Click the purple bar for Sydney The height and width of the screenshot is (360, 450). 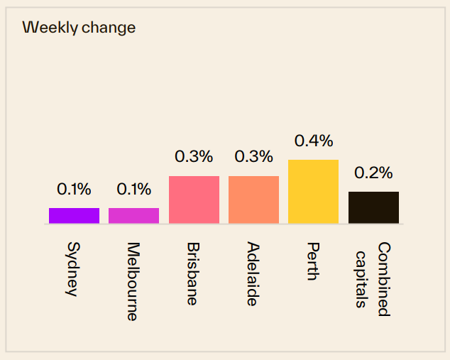click(74, 216)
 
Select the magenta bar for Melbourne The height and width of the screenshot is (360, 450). click(133, 216)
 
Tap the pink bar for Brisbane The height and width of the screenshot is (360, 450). click(194, 200)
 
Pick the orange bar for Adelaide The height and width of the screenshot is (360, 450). click(253, 200)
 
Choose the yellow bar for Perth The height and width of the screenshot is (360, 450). click(313, 192)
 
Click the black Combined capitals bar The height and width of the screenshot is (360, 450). click(373, 207)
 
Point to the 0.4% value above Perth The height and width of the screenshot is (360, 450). click(313, 141)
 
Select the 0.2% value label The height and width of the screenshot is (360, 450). click(373, 173)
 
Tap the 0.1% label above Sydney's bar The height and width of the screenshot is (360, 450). click(74, 189)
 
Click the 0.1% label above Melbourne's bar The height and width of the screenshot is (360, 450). click(133, 189)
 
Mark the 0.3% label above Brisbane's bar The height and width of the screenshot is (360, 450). click(194, 157)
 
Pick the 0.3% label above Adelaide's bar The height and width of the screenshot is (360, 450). click(253, 157)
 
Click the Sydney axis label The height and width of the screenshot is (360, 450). click(72, 269)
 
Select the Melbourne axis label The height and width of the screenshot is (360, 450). click(132, 281)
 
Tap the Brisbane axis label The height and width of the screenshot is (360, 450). click(192, 273)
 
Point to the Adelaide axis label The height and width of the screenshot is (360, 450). click(252, 274)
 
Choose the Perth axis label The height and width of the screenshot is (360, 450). click(312, 261)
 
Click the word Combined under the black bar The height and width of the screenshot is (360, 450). click(383, 279)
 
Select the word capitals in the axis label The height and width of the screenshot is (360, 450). click(363, 278)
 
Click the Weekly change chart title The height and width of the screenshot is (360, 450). click(79, 28)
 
